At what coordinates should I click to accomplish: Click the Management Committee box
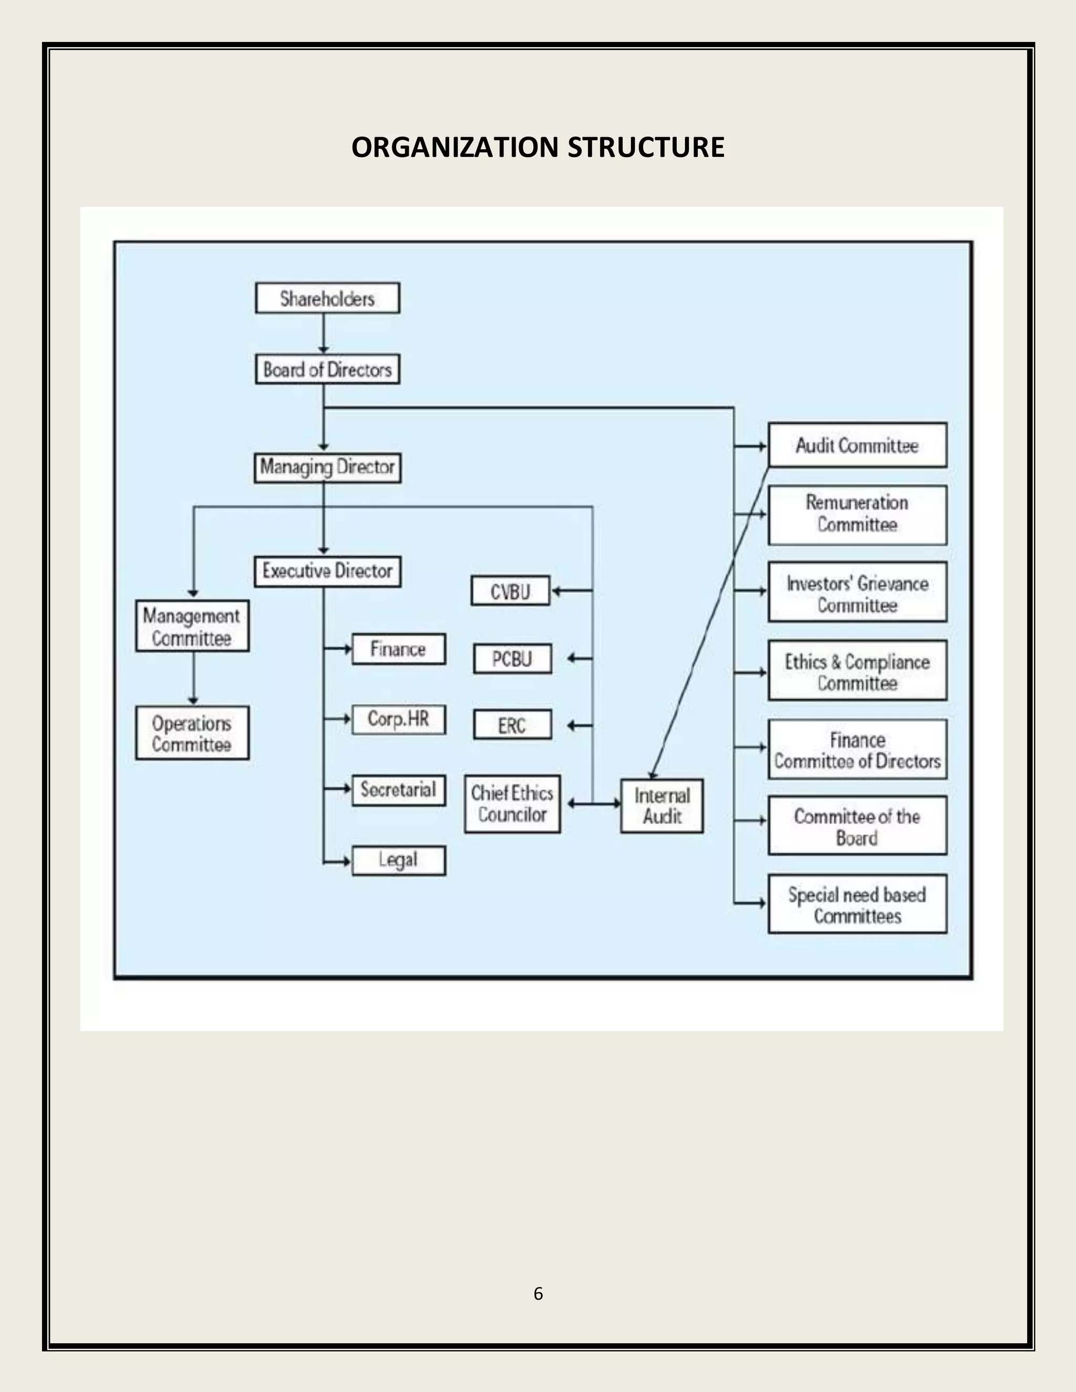coord(192,626)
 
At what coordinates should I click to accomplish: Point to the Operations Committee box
coord(192,733)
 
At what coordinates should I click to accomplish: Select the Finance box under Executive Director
coord(398,649)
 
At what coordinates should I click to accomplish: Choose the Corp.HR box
coord(398,719)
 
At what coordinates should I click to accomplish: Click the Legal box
coord(398,860)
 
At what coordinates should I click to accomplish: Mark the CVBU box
coord(510,591)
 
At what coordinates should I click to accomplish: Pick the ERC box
coord(512,725)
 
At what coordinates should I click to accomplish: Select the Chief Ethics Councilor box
coord(512,804)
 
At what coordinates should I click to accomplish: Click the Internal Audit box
coord(661,806)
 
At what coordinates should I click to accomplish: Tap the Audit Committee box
coord(857,445)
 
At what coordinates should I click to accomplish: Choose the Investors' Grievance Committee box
coord(857,593)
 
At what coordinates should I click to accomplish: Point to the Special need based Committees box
coord(857,905)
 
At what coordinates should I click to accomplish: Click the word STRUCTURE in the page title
coord(645,147)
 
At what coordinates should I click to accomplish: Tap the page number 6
coord(538,1293)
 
